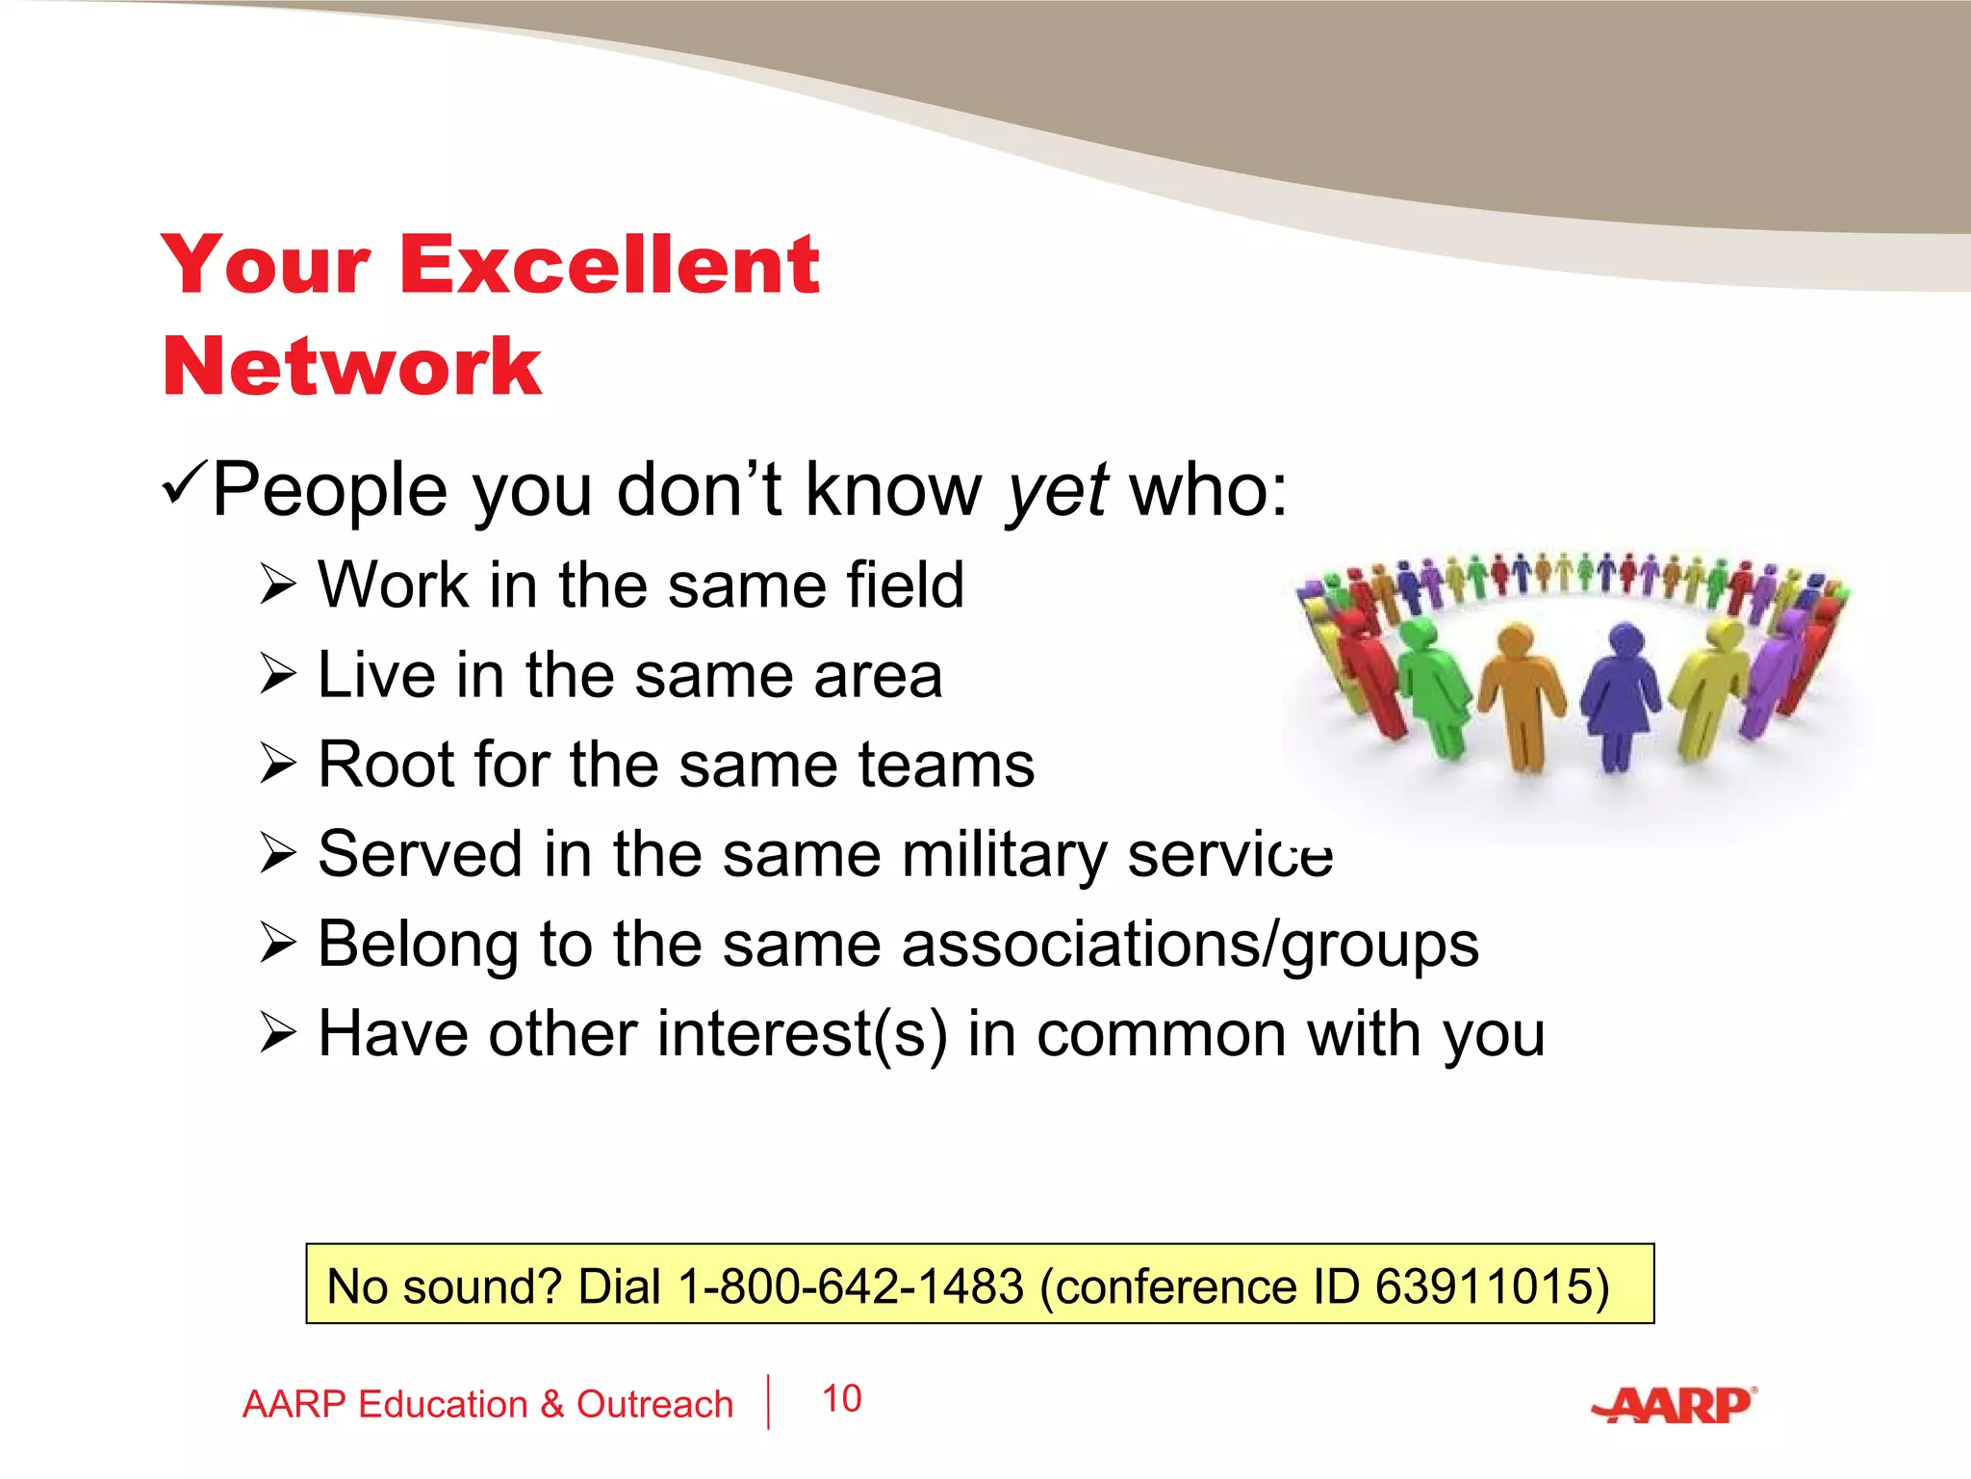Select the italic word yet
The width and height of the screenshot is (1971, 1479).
click(1057, 491)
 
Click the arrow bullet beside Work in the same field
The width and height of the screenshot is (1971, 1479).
click(277, 584)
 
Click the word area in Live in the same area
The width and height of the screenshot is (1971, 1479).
click(878, 675)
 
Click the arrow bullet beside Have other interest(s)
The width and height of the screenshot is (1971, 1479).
click(277, 1034)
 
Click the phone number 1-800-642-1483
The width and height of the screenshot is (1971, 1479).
click(851, 1286)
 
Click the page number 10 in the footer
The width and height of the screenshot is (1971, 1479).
click(842, 1399)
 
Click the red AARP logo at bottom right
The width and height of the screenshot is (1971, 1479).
click(1676, 1405)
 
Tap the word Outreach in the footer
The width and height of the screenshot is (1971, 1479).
click(654, 1405)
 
